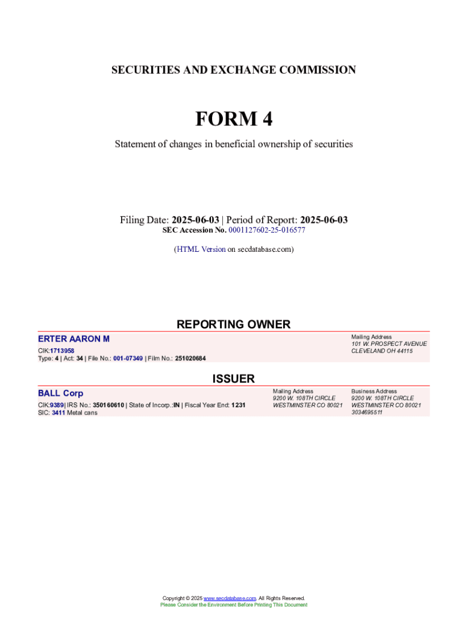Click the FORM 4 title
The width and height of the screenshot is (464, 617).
[x=233, y=119]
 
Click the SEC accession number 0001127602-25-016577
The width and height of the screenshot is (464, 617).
[x=266, y=230]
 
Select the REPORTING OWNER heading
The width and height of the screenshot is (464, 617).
[x=233, y=324]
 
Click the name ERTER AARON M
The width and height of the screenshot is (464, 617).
[x=74, y=339]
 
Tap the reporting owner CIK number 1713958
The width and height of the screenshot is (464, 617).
[x=62, y=351]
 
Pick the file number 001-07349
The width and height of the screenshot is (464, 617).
[x=128, y=359]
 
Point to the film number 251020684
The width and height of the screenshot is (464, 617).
[x=190, y=359]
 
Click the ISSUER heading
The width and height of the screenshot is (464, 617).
[x=233, y=378]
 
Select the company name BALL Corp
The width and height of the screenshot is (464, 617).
[x=60, y=393]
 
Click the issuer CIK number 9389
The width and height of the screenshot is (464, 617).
[x=57, y=405]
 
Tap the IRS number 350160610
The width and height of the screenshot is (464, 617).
[x=108, y=405]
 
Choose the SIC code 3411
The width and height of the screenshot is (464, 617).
[x=58, y=413]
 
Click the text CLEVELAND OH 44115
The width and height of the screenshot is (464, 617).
[x=382, y=351]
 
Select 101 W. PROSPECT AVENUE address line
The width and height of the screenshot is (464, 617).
[x=389, y=343]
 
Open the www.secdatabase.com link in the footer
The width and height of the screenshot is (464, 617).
[x=230, y=598]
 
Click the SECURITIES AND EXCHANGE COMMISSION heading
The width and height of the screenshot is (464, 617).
[x=233, y=70]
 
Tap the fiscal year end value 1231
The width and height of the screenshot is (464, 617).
[x=238, y=405]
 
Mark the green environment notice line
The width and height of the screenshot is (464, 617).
[x=233, y=605]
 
